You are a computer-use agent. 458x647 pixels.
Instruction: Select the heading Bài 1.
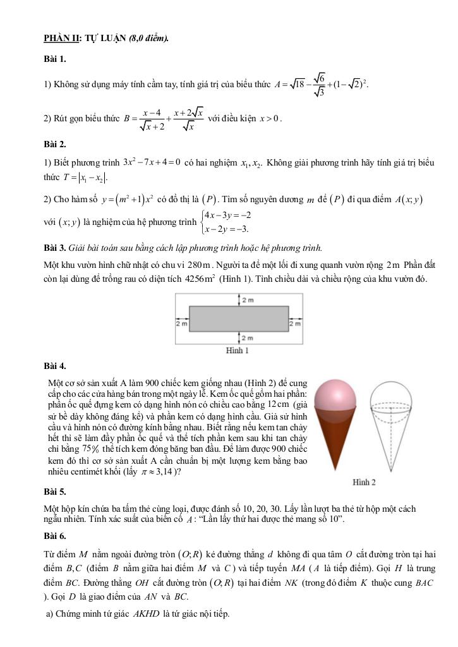[55, 59]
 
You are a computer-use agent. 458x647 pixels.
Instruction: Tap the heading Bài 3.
[55, 248]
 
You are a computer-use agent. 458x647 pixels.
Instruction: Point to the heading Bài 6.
[55, 536]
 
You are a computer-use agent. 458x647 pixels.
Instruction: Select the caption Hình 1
[238, 350]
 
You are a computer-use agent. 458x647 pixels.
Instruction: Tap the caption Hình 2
[365, 481]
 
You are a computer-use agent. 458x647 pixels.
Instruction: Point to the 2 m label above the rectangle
[246, 301]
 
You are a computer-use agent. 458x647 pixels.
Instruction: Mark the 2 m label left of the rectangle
[181, 323]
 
